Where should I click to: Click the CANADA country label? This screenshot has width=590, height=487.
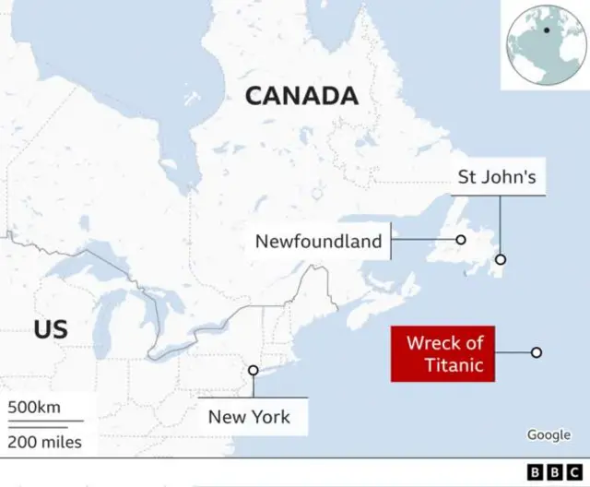coord(301,95)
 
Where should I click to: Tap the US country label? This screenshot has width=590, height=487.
coord(50,328)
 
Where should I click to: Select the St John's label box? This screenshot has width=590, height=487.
coord(496,176)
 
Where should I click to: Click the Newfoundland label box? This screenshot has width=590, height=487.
coord(318,242)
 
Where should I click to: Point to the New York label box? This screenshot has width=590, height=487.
coord(249,417)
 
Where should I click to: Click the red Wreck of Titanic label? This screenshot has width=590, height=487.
coord(443,354)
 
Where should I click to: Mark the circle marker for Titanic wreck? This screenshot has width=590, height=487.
coord(536,352)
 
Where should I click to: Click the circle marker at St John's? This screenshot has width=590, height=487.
coord(501,259)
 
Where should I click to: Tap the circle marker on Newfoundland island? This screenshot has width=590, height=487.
coord(460,241)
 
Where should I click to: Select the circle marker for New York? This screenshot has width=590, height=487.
coord(253,371)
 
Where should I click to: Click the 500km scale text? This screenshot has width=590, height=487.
coord(34,408)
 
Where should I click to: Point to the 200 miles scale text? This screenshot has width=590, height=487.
coord(45,442)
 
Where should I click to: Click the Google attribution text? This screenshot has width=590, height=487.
coord(549,434)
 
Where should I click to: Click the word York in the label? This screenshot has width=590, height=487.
coord(270,417)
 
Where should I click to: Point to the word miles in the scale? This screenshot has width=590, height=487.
coord(60,442)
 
